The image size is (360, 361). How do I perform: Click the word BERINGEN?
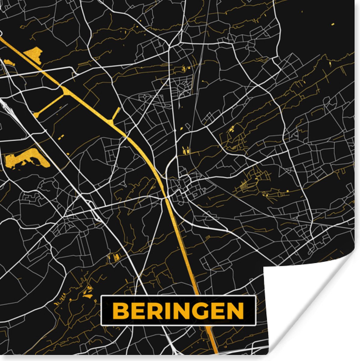tap(178, 310)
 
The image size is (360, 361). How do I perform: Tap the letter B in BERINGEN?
tap(120, 310)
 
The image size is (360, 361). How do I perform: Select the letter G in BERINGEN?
tap(202, 310)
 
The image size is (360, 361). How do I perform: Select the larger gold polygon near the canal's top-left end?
tap(33, 54)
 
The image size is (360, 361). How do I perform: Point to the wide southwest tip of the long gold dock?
tap(36, 114)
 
